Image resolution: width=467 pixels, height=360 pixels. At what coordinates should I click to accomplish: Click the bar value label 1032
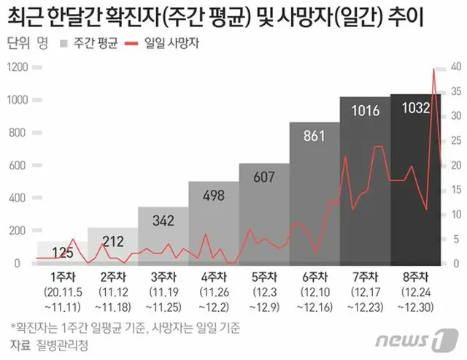click(x=414, y=110)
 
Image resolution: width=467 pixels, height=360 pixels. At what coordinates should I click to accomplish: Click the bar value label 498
click(x=213, y=196)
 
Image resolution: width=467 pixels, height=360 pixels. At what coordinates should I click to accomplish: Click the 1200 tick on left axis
click(x=19, y=67)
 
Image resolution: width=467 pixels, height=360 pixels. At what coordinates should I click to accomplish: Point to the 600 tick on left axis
click(x=22, y=165)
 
